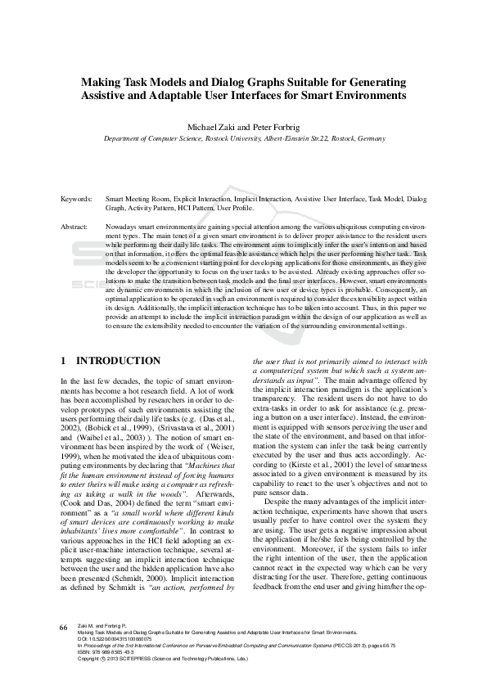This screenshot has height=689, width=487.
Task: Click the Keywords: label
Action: pos(76,199)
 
